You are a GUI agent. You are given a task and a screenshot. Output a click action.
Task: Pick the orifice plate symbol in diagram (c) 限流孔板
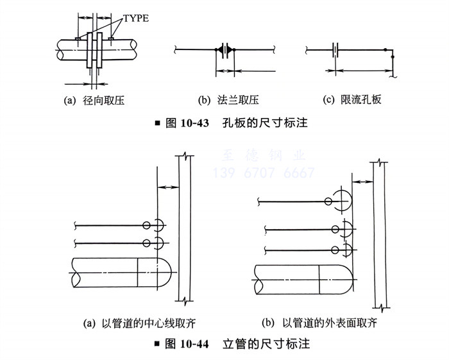[335, 49]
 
